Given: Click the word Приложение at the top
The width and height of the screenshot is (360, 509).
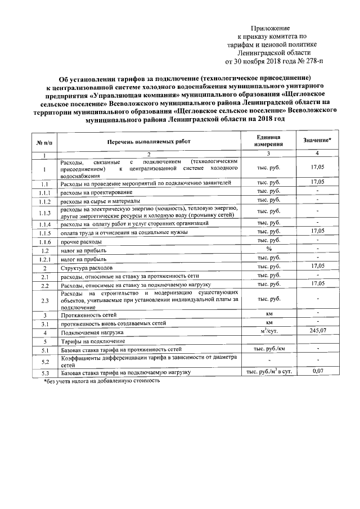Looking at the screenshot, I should tap(270, 28).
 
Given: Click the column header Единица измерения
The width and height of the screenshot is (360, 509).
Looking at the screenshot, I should tap(268, 141).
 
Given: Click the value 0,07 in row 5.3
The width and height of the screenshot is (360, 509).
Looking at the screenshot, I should tap(318, 372).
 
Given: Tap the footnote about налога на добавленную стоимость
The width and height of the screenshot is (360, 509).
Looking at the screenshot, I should tap(102, 381).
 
